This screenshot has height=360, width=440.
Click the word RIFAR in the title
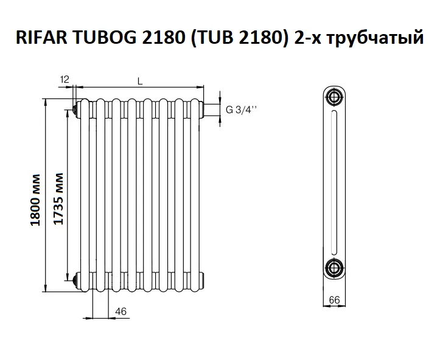tap(41, 37)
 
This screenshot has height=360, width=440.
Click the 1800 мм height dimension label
tap(36, 200)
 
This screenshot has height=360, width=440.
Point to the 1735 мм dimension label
tap(58, 198)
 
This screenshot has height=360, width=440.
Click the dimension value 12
tap(65, 80)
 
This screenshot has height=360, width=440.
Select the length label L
tap(140, 81)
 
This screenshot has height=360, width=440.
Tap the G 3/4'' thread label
tap(242, 109)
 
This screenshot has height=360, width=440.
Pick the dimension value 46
tap(120, 311)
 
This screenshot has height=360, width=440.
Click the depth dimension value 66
tap(334, 300)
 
